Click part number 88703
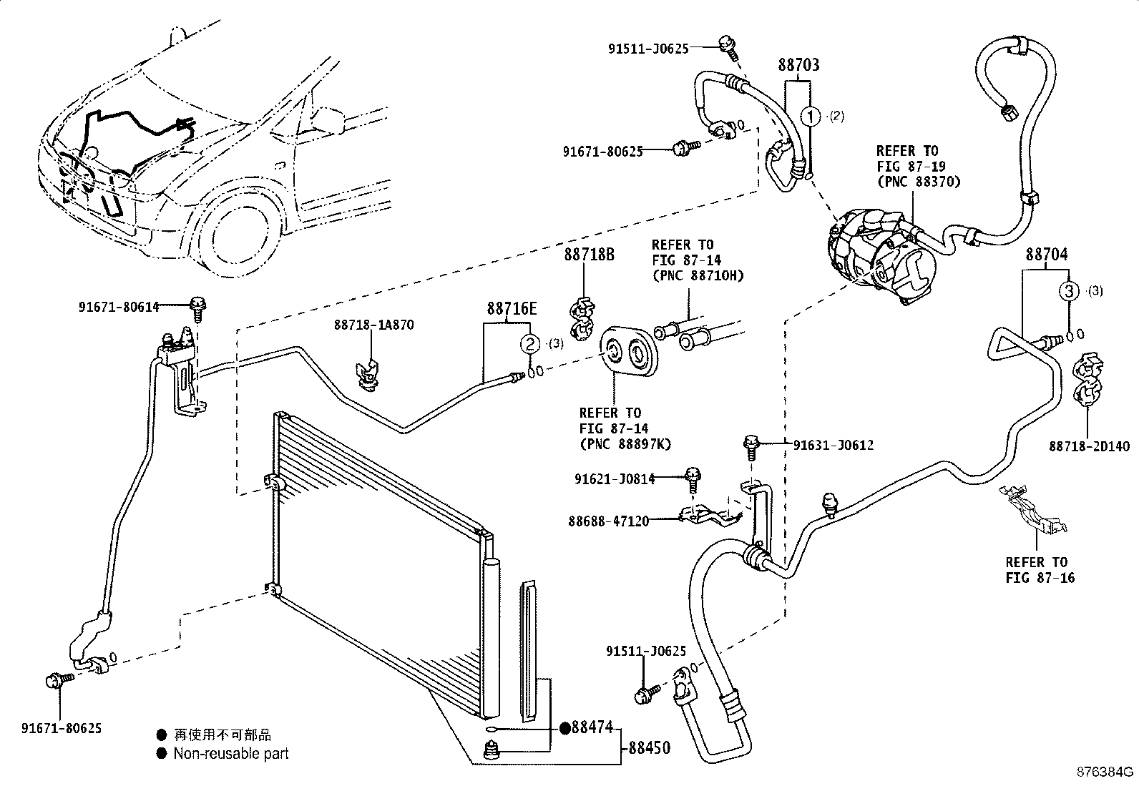[798, 65]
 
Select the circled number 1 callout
[810, 116]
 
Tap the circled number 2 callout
[529, 344]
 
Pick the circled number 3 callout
[1068, 291]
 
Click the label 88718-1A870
[373, 325]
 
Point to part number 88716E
[512, 309]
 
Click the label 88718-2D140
[1090, 446]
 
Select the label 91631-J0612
[834, 445]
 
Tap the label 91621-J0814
[614, 479]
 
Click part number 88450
[649, 748]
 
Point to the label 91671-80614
[118, 307]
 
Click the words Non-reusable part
[231, 753]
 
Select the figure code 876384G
[1106, 772]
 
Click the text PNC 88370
[918, 182]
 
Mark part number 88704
[1046, 254]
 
